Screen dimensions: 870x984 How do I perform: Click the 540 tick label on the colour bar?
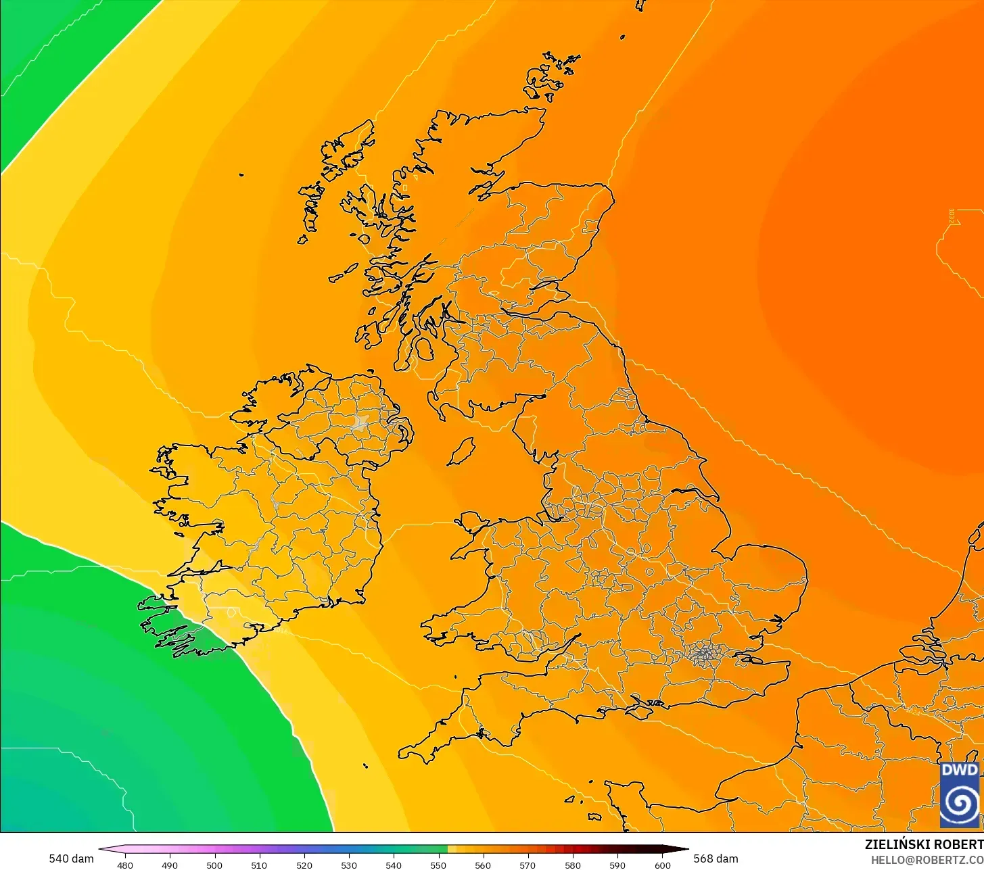click(x=394, y=865)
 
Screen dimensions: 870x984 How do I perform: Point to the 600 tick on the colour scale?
click(x=662, y=865)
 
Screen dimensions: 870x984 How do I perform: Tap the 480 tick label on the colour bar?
click(x=125, y=865)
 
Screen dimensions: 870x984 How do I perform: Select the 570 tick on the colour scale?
click(x=528, y=865)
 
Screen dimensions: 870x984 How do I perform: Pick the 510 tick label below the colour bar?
click(x=259, y=865)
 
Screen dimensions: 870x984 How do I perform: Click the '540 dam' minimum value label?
click(x=71, y=859)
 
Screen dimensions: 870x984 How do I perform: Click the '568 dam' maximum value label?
click(x=716, y=859)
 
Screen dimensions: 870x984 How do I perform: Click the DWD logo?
click(x=959, y=794)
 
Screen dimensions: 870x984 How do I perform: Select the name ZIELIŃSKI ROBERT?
click(x=924, y=844)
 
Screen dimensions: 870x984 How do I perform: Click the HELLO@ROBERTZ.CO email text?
click(x=927, y=860)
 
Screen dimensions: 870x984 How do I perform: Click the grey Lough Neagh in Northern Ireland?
click(x=360, y=424)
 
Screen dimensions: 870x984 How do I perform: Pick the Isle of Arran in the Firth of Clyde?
click(x=424, y=349)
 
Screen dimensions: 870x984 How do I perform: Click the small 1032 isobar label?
click(x=952, y=216)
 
